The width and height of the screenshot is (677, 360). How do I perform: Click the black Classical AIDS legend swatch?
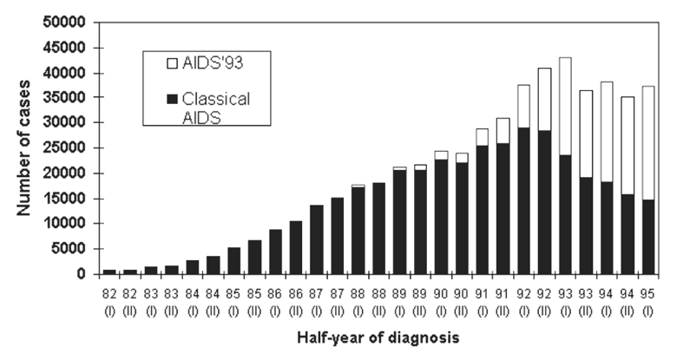[x=158, y=100]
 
